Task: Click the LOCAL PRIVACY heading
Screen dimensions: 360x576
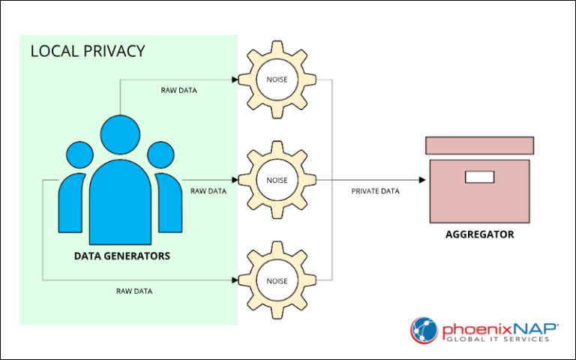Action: pyautogui.click(x=87, y=52)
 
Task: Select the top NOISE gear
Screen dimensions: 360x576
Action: pyautogui.click(x=272, y=79)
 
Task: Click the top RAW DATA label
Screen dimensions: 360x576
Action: pyautogui.click(x=179, y=91)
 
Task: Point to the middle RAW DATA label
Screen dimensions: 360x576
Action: pyautogui.click(x=208, y=191)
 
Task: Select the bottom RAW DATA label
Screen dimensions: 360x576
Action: pyautogui.click(x=134, y=290)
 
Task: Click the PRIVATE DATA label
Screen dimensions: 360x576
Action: pyautogui.click(x=375, y=191)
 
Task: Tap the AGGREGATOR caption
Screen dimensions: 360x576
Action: pyautogui.click(x=479, y=235)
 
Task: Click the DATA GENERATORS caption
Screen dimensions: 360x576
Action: pyautogui.click(x=122, y=256)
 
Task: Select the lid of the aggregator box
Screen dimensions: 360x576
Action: pyautogui.click(x=479, y=145)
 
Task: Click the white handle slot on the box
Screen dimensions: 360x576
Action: pyautogui.click(x=479, y=177)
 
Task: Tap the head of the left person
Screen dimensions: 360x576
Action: pyautogui.click(x=80, y=154)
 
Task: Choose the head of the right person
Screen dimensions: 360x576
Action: pyautogui.click(x=160, y=154)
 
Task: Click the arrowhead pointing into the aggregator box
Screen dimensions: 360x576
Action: pyautogui.click(x=422, y=180)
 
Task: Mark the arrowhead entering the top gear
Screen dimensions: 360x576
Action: pyautogui.click(x=235, y=79)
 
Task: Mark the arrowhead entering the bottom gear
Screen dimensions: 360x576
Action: pyautogui.click(x=235, y=280)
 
